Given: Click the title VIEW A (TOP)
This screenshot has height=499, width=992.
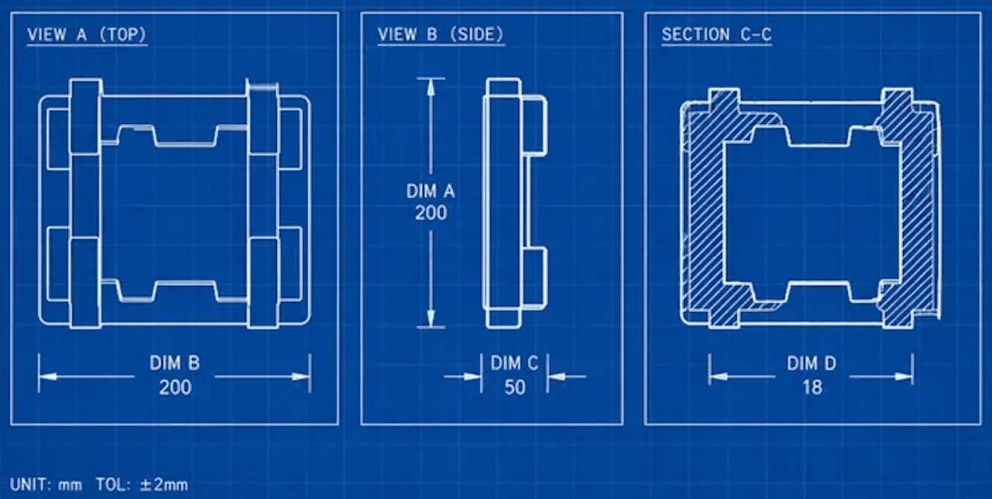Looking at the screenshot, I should point(87,34).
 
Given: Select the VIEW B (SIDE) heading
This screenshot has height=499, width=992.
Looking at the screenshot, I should point(440,34).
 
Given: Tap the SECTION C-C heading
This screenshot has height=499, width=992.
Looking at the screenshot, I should point(716,34).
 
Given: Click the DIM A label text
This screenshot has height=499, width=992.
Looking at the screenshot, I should point(430,191).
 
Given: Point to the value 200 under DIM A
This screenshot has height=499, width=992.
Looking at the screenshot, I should point(430,213).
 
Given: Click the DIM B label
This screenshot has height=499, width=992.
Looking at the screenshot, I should point(174,364).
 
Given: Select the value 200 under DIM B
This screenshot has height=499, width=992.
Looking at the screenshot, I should point(174,387).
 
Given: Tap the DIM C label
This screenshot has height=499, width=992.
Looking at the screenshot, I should point(514,364).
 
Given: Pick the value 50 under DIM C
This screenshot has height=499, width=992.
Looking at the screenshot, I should point(514,387).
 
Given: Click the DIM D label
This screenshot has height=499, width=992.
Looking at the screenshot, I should point(811,364).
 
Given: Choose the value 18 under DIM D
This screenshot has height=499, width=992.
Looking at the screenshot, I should point(811,387).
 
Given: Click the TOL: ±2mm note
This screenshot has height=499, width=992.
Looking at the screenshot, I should point(142,484).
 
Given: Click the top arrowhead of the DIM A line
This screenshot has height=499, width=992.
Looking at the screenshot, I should point(430,85).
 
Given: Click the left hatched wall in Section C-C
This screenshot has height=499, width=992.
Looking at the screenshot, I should point(702,209).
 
